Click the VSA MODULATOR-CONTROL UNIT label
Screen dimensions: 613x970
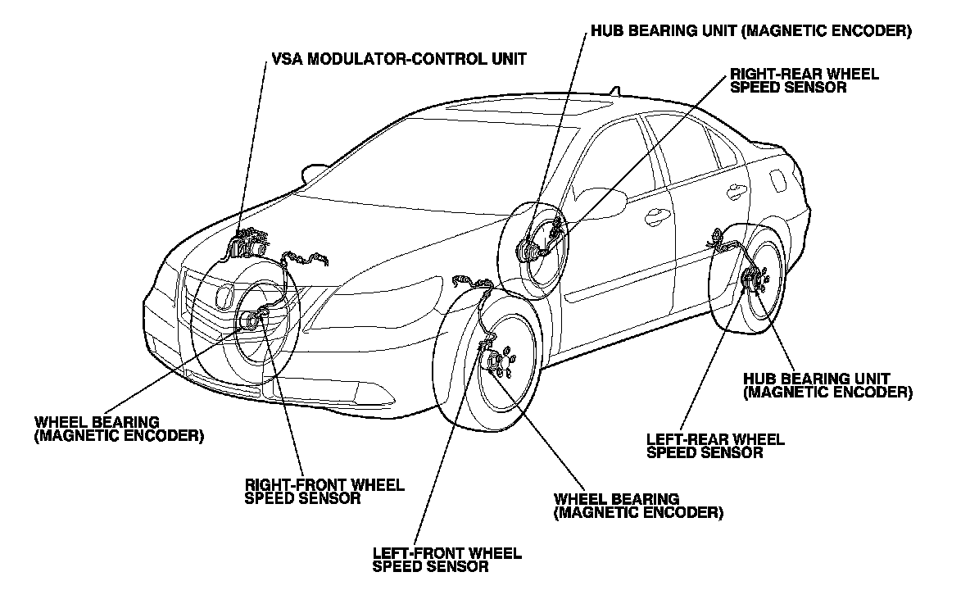click(x=399, y=59)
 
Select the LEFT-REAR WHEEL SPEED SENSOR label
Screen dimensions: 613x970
click(x=715, y=445)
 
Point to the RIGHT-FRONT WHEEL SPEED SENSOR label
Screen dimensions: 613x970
click(x=324, y=491)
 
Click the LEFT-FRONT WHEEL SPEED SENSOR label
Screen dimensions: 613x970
click(x=446, y=559)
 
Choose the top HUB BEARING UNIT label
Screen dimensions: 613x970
click(x=750, y=32)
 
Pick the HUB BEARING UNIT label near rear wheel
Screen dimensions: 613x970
click(x=827, y=385)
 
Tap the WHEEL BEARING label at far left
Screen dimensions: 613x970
click(x=119, y=429)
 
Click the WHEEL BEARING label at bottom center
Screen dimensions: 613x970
click(x=638, y=506)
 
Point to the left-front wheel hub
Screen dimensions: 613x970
click(x=495, y=362)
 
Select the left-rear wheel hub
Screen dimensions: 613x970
click(x=751, y=280)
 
